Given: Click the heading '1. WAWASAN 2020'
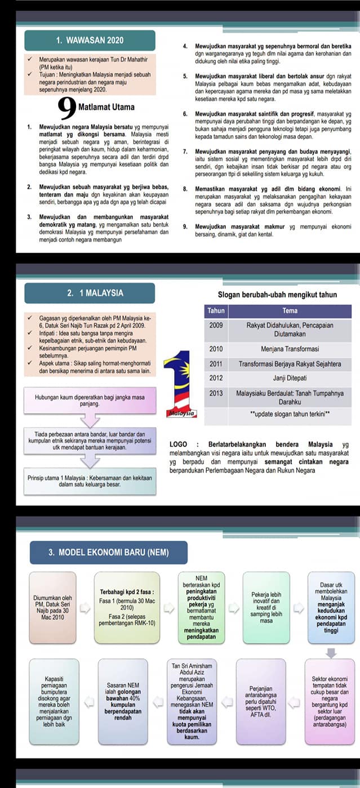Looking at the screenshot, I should click(x=90, y=41).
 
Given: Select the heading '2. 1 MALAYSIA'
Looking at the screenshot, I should click(x=90, y=293).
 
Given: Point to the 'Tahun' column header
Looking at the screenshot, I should click(x=216, y=310).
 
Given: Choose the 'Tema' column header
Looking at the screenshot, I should click(x=290, y=310).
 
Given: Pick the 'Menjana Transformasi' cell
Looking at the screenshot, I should click(x=290, y=349).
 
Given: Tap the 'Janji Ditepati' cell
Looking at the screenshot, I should click(x=290, y=377).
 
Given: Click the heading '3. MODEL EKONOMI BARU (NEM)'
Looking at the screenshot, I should click(x=109, y=552).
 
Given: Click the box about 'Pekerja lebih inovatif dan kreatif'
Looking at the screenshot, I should click(x=266, y=608).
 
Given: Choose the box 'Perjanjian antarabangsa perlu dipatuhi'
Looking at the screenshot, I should click(x=261, y=701).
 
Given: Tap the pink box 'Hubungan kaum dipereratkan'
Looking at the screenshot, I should click(x=90, y=401).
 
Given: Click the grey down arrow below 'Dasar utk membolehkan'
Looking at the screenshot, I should click(x=331, y=652).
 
